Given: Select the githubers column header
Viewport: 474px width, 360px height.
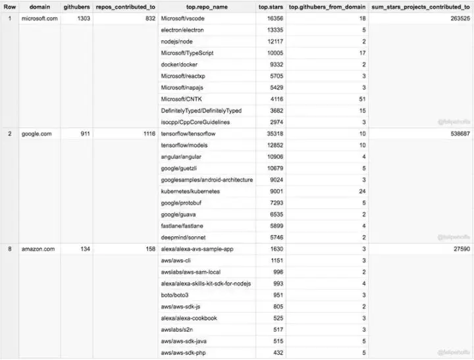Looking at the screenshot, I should pyautogui.click(x=76, y=7).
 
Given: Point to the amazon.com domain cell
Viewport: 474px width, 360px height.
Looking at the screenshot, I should pyautogui.click(x=38, y=249).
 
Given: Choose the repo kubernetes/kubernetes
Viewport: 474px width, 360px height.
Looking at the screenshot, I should pyautogui.click(x=190, y=191).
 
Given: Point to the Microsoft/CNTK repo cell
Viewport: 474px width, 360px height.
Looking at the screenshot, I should pyautogui.click(x=182, y=99).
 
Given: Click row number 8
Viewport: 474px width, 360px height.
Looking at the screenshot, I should pyautogui.click(x=9, y=249).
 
